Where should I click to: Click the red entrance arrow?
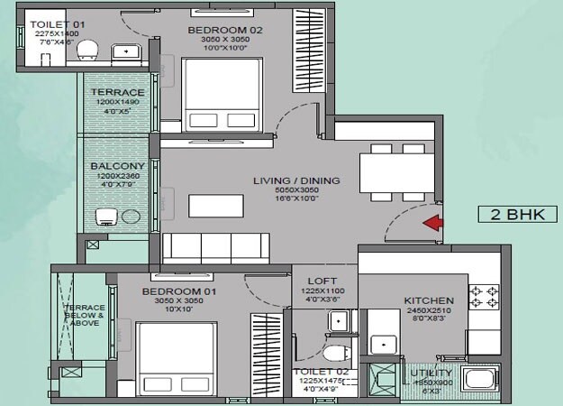click(433, 223)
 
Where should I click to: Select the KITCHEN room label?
click(429, 300)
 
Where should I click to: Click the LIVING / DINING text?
click(296, 181)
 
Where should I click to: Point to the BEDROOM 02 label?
click(218, 30)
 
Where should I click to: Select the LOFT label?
click(322, 281)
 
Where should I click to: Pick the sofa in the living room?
click(216, 247)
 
